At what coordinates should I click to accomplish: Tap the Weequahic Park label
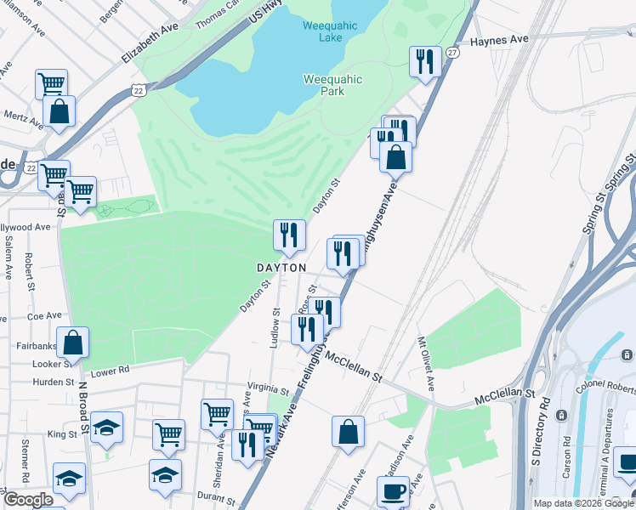(332, 85)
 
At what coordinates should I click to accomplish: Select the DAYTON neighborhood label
(281, 268)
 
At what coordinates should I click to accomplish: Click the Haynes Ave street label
(499, 40)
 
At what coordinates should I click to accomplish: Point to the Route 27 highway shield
(453, 53)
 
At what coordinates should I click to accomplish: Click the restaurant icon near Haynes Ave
(424, 62)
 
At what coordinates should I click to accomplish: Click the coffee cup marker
(393, 491)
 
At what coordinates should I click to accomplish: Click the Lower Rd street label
(109, 371)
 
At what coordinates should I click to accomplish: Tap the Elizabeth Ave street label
(151, 42)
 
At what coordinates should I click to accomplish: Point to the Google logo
(29, 499)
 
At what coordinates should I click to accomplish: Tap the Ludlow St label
(275, 327)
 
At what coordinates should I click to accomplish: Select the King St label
(62, 433)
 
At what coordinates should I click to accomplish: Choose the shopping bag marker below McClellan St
(349, 431)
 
